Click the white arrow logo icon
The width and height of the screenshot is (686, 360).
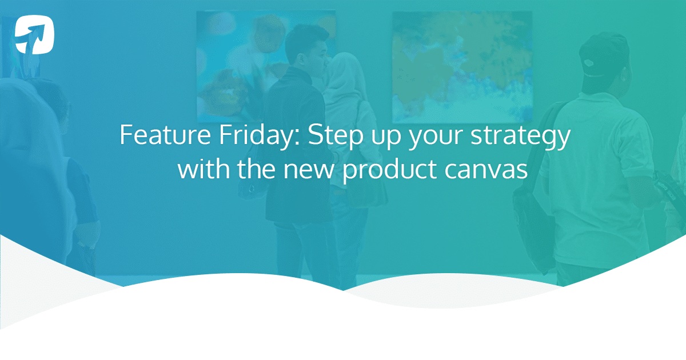(x=35, y=35)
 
